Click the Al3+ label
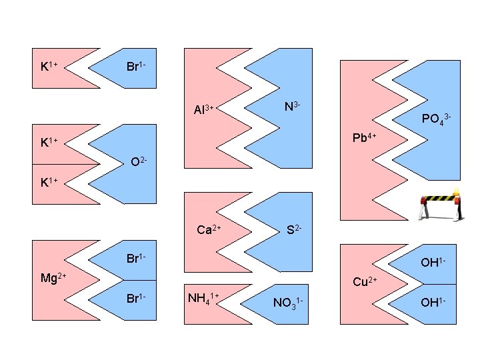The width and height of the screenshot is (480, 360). click(x=203, y=109)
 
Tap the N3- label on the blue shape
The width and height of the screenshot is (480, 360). click(x=292, y=107)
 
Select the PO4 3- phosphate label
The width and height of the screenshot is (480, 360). click(x=437, y=119)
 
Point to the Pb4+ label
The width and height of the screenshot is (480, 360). click(x=365, y=138)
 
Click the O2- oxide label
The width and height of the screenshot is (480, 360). click(x=139, y=161)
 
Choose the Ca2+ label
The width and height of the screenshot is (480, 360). click(x=209, y=230)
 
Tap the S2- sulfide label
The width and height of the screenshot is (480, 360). click(x=294, y=230)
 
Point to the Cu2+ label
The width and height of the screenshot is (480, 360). click(x=365, y=282)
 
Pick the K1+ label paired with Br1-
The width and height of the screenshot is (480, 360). click(x=49, y=66)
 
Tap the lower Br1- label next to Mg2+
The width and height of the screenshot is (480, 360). click(x=137, y=296)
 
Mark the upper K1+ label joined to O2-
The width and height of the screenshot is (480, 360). click(x=49, y=142)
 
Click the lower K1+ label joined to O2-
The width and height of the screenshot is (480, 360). click(x=49, y=181)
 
